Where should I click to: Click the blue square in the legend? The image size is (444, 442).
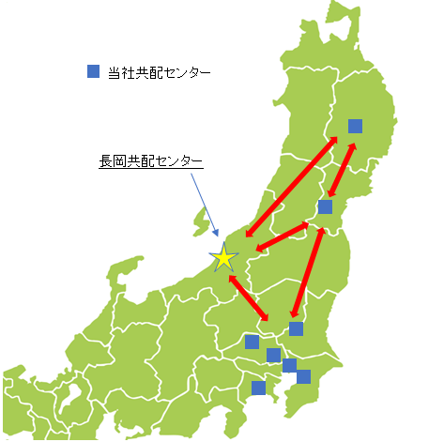click(93, 71)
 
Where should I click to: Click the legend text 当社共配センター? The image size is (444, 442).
click(160, 72)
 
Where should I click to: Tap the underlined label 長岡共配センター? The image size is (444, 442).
click(150, 161)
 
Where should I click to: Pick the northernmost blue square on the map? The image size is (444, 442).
click(355, 126)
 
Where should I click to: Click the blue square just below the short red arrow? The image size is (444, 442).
click(325, 206)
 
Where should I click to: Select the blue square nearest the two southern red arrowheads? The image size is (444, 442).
click(297, 328)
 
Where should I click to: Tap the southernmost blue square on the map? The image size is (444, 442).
click(258, 388)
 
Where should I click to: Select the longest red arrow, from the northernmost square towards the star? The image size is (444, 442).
click(291, 188)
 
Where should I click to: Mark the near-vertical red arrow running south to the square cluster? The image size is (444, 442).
click(309, 272)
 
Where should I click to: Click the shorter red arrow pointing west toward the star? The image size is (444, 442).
click(282, 235)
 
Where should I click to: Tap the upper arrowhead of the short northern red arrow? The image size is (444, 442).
click(352, 145)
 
